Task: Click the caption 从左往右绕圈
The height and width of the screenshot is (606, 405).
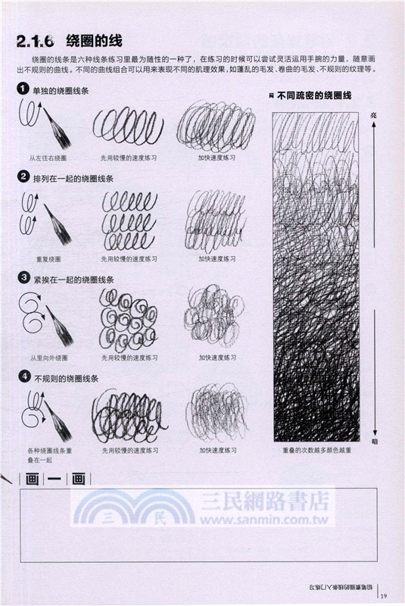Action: (x=48, y=159)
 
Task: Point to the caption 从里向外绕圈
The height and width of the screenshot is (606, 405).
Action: (x=48, y=358)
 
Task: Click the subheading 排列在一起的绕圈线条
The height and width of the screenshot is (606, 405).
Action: (x=73, y=179)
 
